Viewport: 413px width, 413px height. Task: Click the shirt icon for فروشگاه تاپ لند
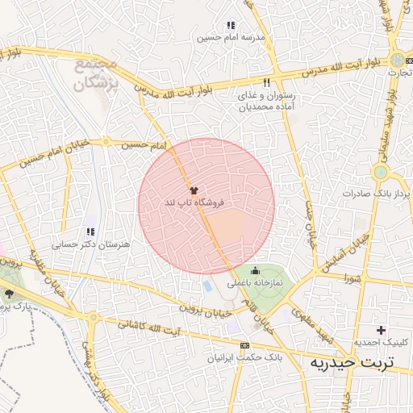193,190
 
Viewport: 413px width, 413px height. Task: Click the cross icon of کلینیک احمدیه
381,330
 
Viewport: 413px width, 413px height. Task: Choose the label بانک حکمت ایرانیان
243,356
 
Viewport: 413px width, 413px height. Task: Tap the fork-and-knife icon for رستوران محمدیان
266,82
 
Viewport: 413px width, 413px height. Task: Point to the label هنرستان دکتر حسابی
82,244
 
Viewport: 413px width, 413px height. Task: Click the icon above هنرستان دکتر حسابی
90,232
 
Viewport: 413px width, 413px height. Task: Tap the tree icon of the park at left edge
10,295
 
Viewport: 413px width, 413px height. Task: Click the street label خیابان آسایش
345,255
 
